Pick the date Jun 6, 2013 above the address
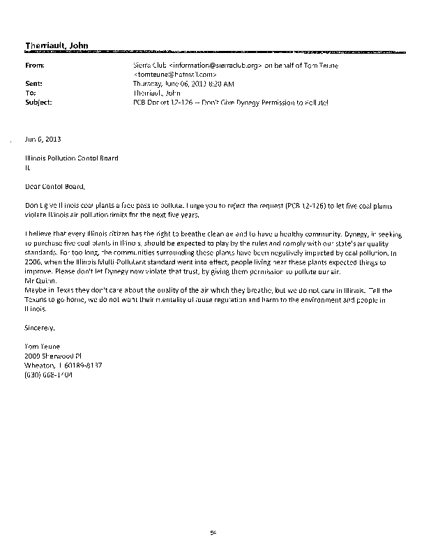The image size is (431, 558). point(40,139)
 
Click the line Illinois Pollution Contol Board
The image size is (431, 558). point(71,158)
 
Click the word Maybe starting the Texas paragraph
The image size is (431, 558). point(35,289)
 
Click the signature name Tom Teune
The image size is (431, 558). point(41,347)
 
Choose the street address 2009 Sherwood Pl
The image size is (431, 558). point(53,356)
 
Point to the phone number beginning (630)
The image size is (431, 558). point(48,374)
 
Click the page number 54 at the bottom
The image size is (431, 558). point(214,534)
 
